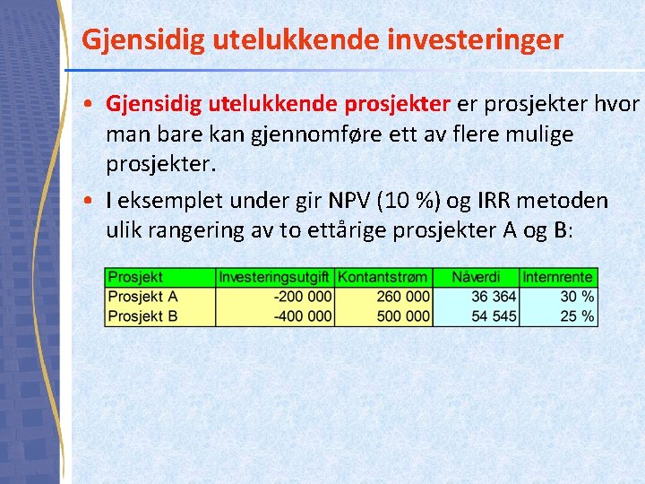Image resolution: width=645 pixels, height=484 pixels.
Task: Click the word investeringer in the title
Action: [466, 40]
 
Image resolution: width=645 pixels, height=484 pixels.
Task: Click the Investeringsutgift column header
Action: [275, 278]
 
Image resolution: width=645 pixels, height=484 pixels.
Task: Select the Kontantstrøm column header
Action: [383, 278]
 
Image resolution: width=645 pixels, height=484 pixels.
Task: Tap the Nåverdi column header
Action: [476, 278]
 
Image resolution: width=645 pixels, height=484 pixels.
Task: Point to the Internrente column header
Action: [557, 278]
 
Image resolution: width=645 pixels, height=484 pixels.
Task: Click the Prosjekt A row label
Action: [143, 297]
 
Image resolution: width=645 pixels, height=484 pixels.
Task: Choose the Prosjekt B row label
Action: [143, 315]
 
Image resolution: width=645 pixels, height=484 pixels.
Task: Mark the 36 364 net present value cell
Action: [493, 297]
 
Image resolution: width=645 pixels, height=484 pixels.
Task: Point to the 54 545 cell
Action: [493, 315]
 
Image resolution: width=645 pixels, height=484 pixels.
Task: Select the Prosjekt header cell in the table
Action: [135, 278]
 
